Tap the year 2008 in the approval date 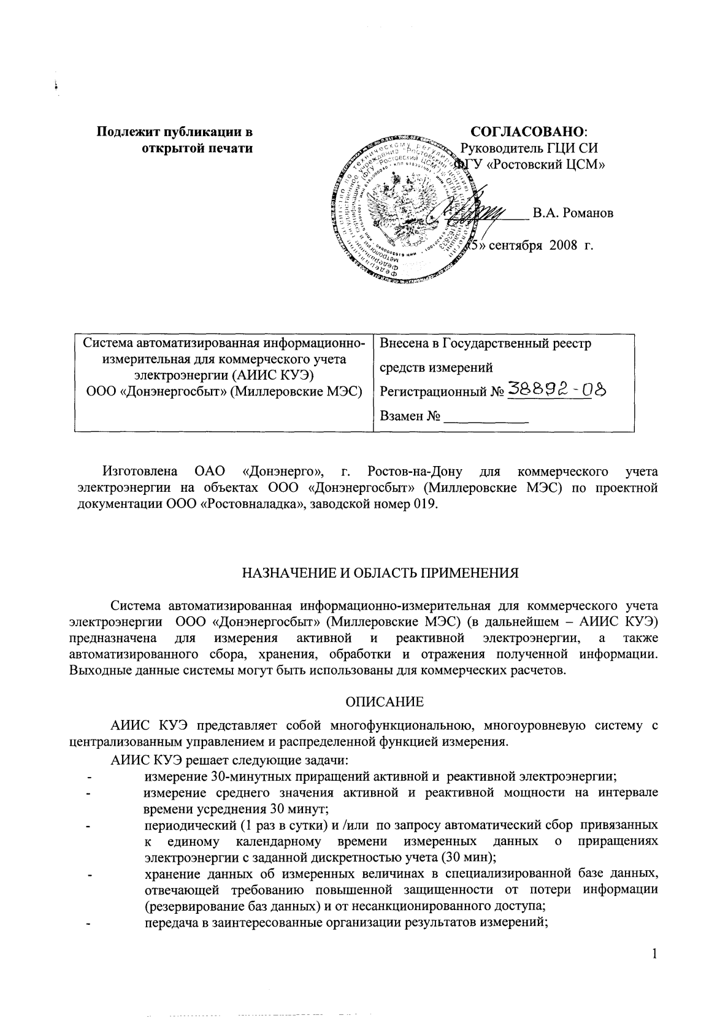(x=564, y=246)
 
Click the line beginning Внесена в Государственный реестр (x=486, y=343)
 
